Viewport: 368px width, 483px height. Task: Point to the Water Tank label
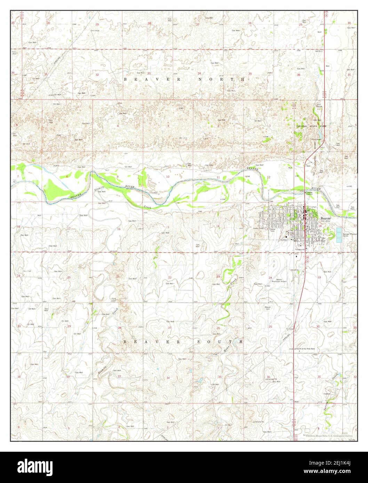(x=272, y=230)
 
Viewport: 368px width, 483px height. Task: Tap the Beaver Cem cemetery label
(x=268, y=308)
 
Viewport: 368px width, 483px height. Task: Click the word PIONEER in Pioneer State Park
(x=301, y=126)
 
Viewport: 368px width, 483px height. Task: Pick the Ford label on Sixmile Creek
(x=114, y=298)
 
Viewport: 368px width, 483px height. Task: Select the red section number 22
(x=170, y=277)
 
